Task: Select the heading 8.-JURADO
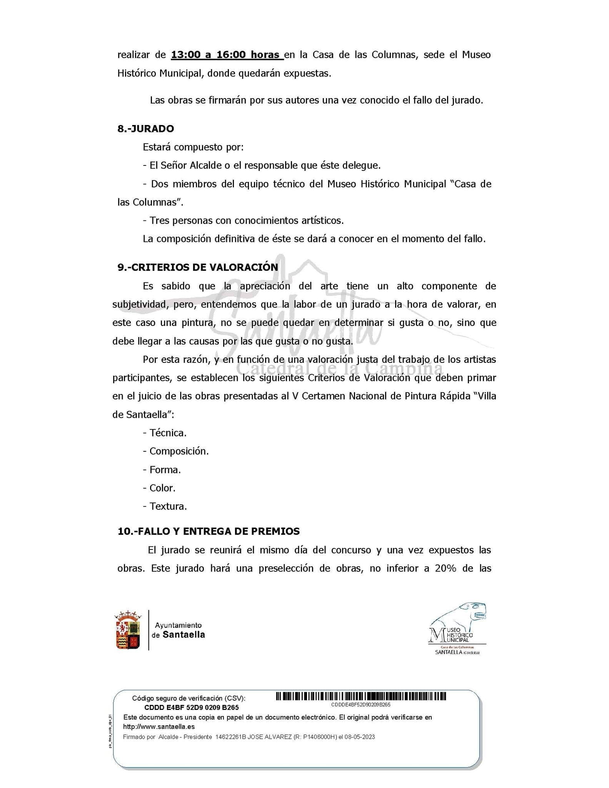(145, 129)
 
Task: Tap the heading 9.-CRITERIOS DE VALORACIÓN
(198, 267)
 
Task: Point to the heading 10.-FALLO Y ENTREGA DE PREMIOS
(209, 531)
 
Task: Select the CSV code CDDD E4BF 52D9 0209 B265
(191, 707)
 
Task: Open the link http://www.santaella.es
(159, 727)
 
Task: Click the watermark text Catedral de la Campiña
(339, 369)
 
